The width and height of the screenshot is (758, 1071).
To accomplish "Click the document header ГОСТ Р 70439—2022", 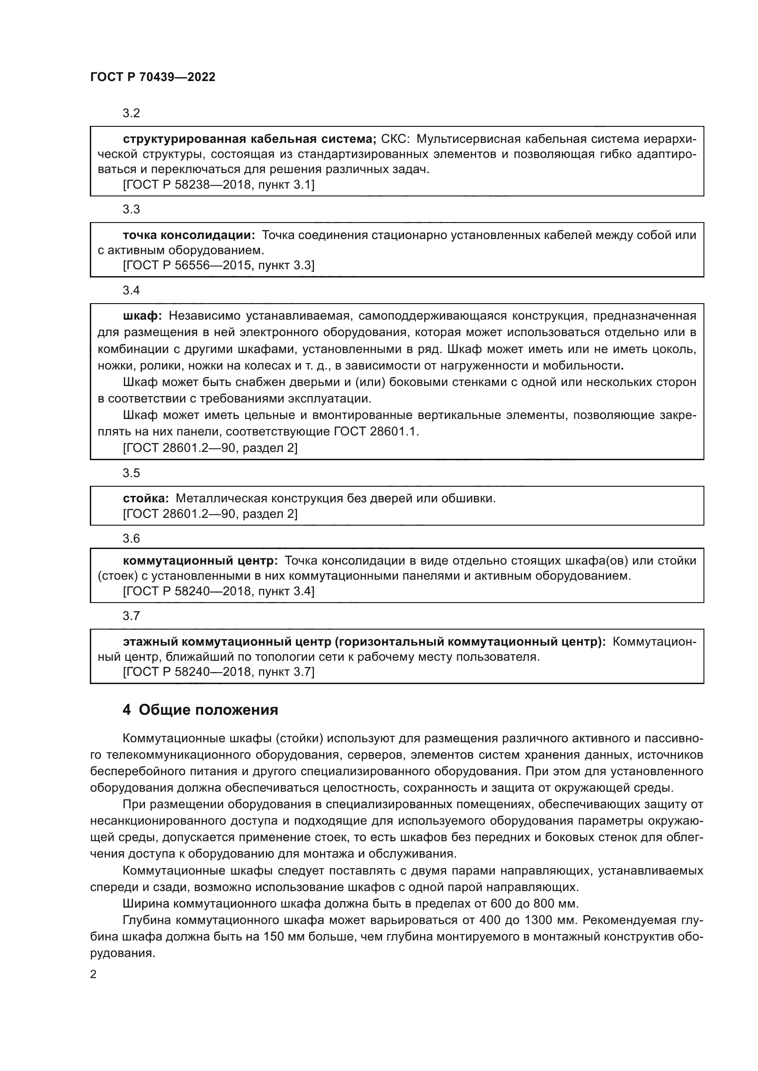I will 153,77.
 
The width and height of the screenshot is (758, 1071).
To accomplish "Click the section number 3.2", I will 131,114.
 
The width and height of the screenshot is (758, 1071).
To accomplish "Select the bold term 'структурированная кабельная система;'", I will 249,139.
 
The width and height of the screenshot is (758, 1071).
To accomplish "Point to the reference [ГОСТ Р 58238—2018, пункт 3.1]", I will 219,185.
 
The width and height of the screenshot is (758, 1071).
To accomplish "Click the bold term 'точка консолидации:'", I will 188,235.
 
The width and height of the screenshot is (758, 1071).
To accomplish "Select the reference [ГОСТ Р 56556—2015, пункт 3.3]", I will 219,266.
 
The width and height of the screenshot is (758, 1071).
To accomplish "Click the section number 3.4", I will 131,290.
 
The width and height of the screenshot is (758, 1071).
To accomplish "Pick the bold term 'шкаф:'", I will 142,316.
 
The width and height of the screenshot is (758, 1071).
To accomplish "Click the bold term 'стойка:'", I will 146,499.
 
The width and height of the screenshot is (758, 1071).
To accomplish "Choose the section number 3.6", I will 131,539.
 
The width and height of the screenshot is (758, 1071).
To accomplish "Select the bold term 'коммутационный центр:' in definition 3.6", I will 200,561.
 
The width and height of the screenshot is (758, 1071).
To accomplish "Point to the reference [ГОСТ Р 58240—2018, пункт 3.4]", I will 219,592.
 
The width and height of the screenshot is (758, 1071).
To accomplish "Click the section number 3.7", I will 131,616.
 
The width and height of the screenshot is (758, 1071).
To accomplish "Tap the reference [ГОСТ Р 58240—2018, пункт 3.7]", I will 219,672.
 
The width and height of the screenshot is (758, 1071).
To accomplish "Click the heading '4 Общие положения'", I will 200,710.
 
